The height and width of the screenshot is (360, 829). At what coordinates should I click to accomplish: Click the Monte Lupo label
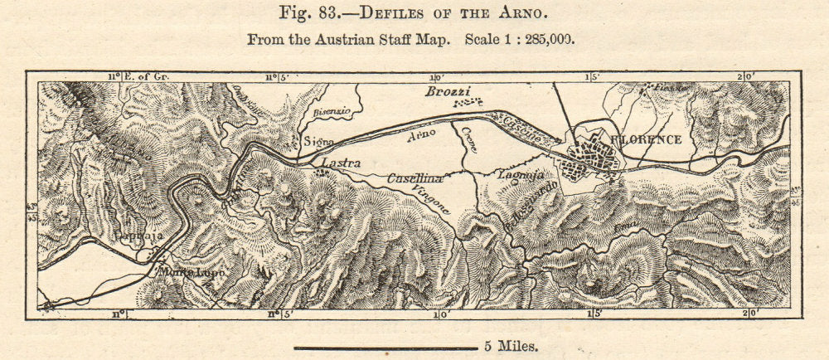pos(178,272)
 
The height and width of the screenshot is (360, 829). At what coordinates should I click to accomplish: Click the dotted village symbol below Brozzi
pos(469,103)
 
